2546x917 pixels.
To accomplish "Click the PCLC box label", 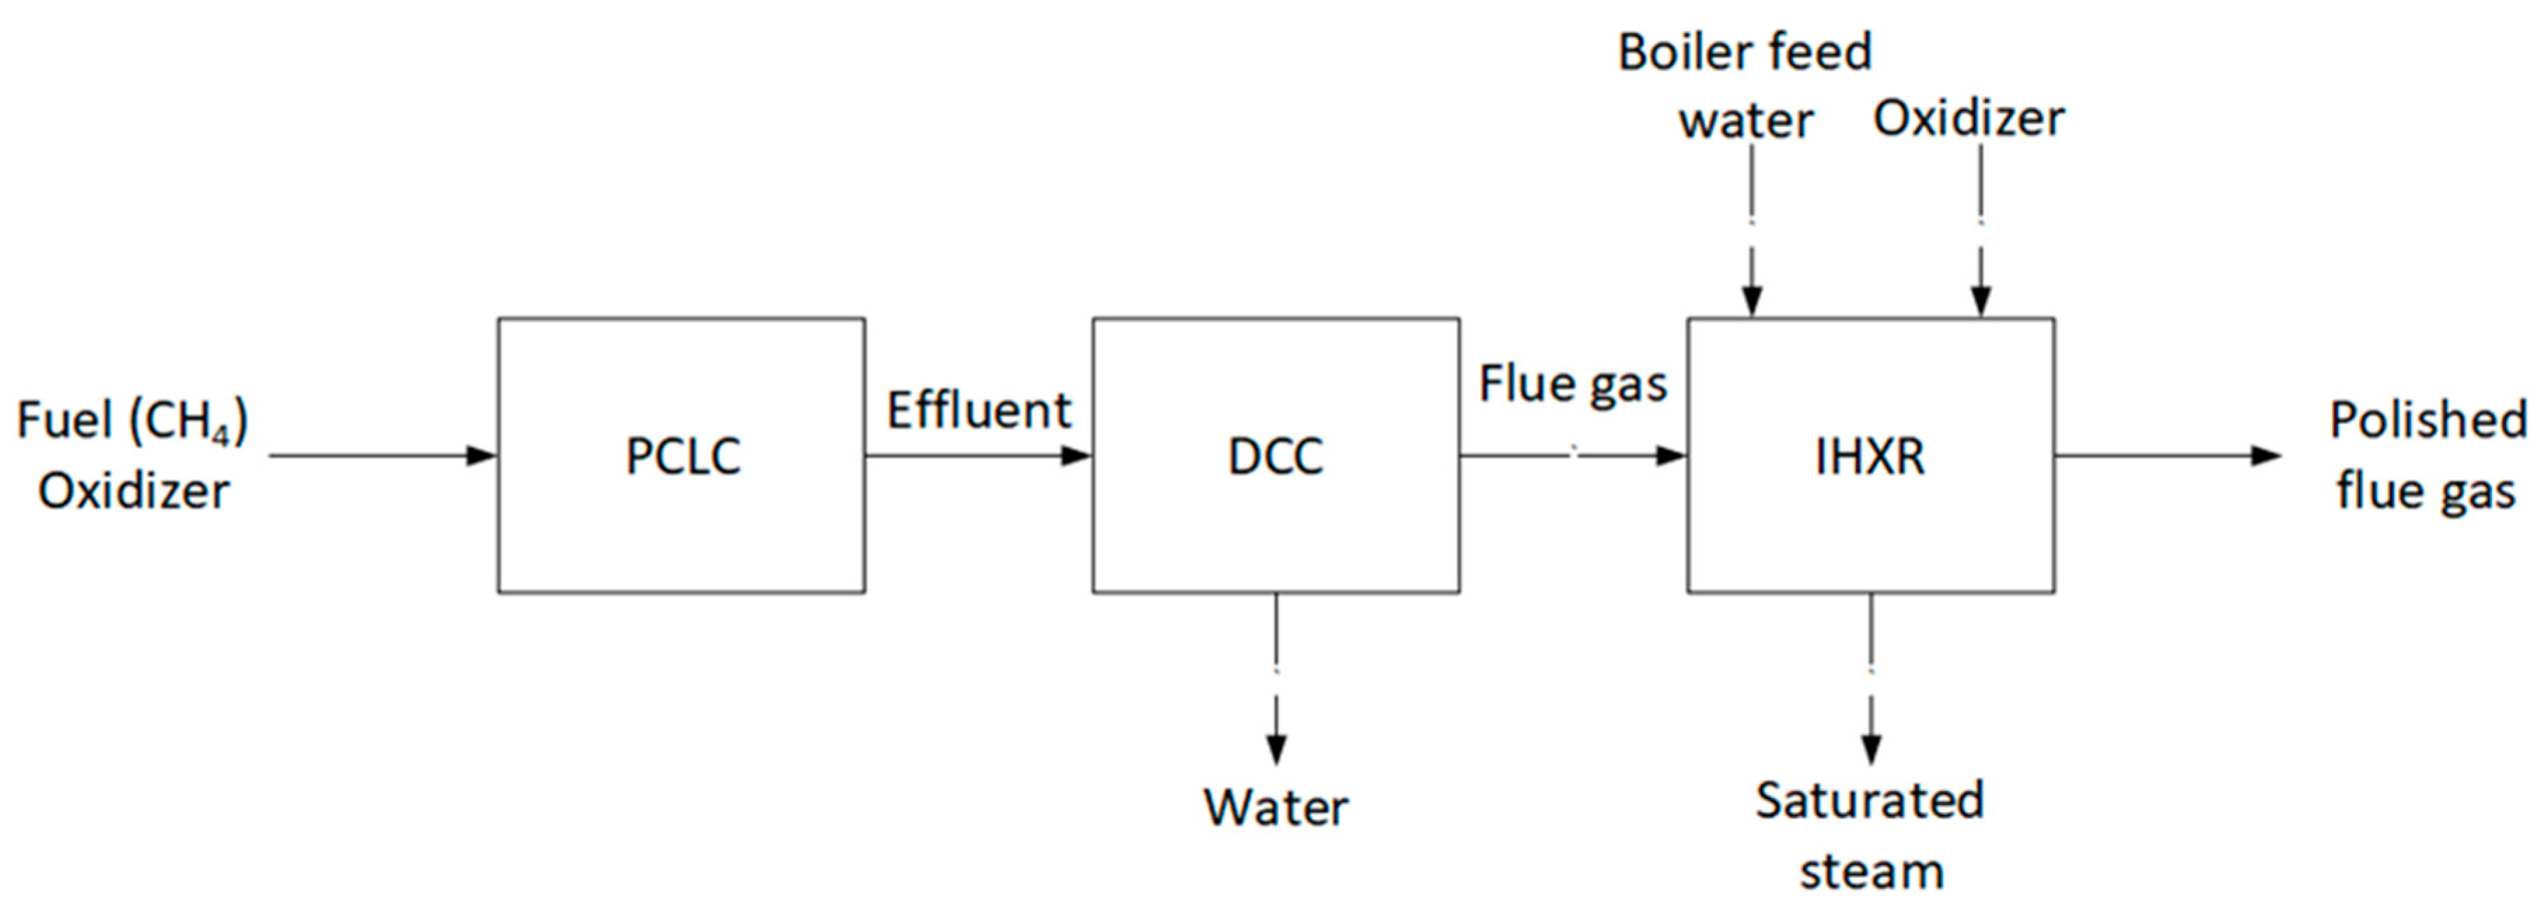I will tap(683, 456).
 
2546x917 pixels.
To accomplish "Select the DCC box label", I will tap(1275, 456).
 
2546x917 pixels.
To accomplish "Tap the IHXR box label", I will tap(1870, 456).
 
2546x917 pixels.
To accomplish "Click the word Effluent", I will tap(978, 410).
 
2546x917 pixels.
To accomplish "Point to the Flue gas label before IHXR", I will tap(1572, 384).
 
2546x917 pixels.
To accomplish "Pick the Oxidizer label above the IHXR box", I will tap(1969, 118).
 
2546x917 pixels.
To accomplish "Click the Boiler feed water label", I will tap(1745, 86).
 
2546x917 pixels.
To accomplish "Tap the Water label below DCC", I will tap(1275, 807).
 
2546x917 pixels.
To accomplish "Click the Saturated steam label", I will tap(1870, 836).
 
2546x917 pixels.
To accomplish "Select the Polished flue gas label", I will tap(2428, 456).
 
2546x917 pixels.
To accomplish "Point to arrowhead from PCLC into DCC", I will tap(1077, 456).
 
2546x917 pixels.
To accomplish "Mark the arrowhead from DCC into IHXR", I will tap(1671, 456).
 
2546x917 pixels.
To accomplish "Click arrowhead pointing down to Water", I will tap(1276, 750).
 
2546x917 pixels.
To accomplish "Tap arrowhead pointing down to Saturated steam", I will tap(1870, 750).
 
